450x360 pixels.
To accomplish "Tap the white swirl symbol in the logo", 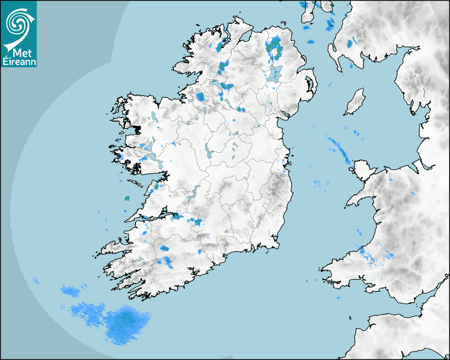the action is pos(17,23).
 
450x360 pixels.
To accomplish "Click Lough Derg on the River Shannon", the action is pos(193,193).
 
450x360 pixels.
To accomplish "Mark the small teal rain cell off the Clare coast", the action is pos(127,199).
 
